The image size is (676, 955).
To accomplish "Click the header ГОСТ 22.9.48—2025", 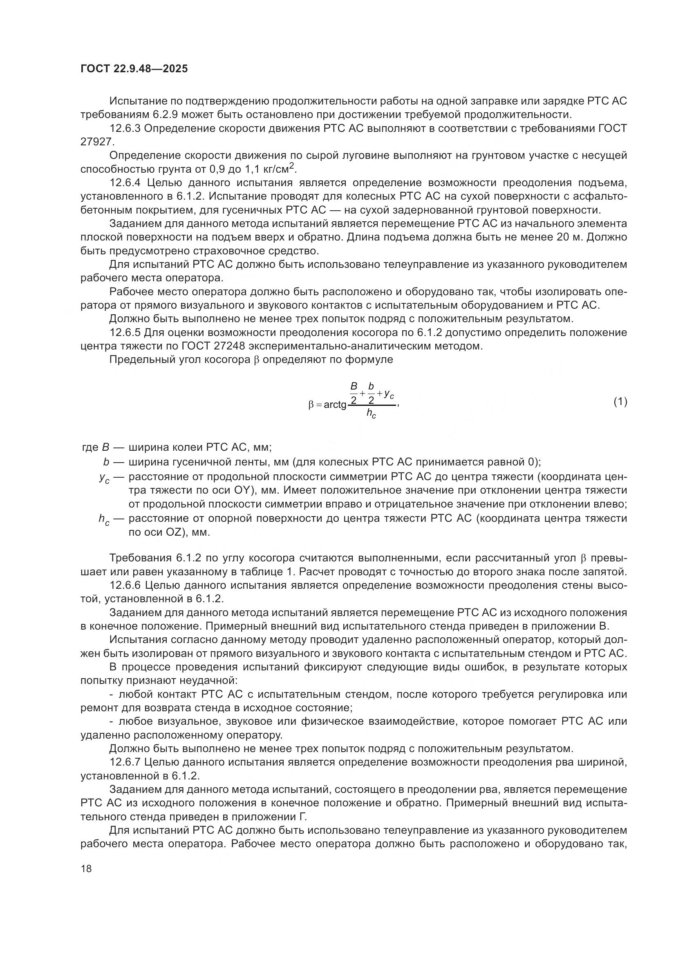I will point(134,69).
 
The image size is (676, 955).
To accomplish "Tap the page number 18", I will point(86,868).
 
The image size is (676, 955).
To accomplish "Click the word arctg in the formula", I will point(335,404).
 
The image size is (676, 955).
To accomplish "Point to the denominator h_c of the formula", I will point(371,414).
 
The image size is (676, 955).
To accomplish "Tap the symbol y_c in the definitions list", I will point(104,479).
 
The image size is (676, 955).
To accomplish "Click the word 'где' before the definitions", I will point(90,447).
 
